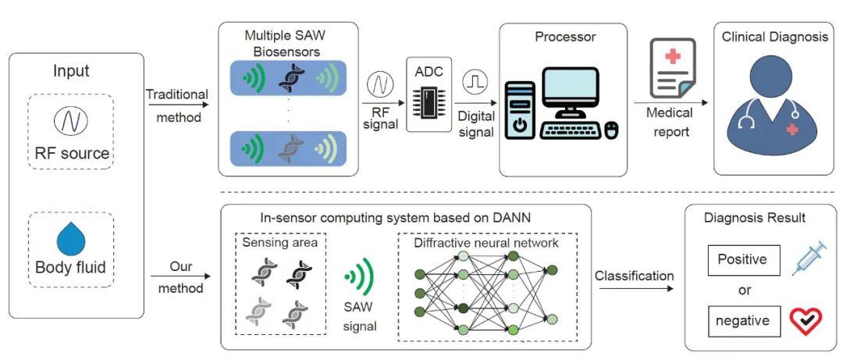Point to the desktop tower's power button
click(521, 125)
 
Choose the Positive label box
click(742, 258)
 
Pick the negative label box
click(742, 321)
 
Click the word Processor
click(565, 37)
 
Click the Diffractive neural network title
click(487, 243)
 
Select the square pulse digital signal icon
click(475, 81)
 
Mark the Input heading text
click(71, 71)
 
